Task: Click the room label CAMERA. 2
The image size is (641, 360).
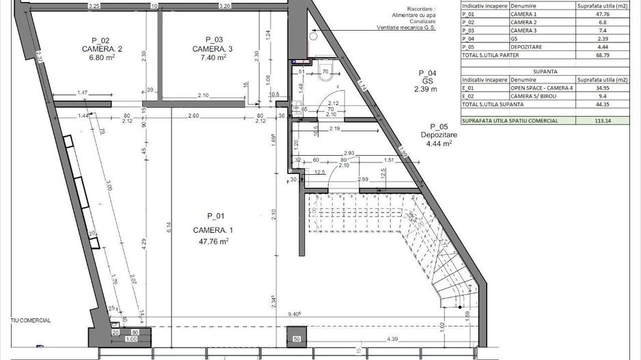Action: click(x=101, y=49)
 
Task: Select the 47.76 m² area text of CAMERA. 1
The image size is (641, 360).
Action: click(x=214, y=240)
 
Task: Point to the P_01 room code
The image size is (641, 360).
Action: click(x=215, y=215)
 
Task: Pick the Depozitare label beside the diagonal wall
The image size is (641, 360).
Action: click(x=443, y=135)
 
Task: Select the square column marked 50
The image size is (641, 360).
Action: click(x=297, y=338)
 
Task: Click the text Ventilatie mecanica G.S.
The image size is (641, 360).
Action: click(x=406, y=29)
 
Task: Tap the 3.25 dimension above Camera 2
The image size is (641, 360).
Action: click(x=94, y=5)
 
